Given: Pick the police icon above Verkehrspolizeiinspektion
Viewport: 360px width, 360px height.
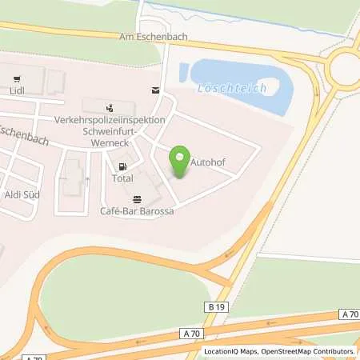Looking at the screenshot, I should [x=110, y=106].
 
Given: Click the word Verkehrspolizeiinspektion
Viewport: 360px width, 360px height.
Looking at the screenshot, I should [x=110, y=118].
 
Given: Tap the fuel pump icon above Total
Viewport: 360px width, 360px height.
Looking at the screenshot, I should [x=122, y=167].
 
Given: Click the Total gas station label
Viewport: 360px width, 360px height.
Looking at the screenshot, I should [x=122, y=180].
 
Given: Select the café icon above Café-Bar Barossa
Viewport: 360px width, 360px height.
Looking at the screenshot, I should [x=137, y=198].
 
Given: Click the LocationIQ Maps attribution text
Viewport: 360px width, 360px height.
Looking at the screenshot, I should [x=232, y=351].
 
